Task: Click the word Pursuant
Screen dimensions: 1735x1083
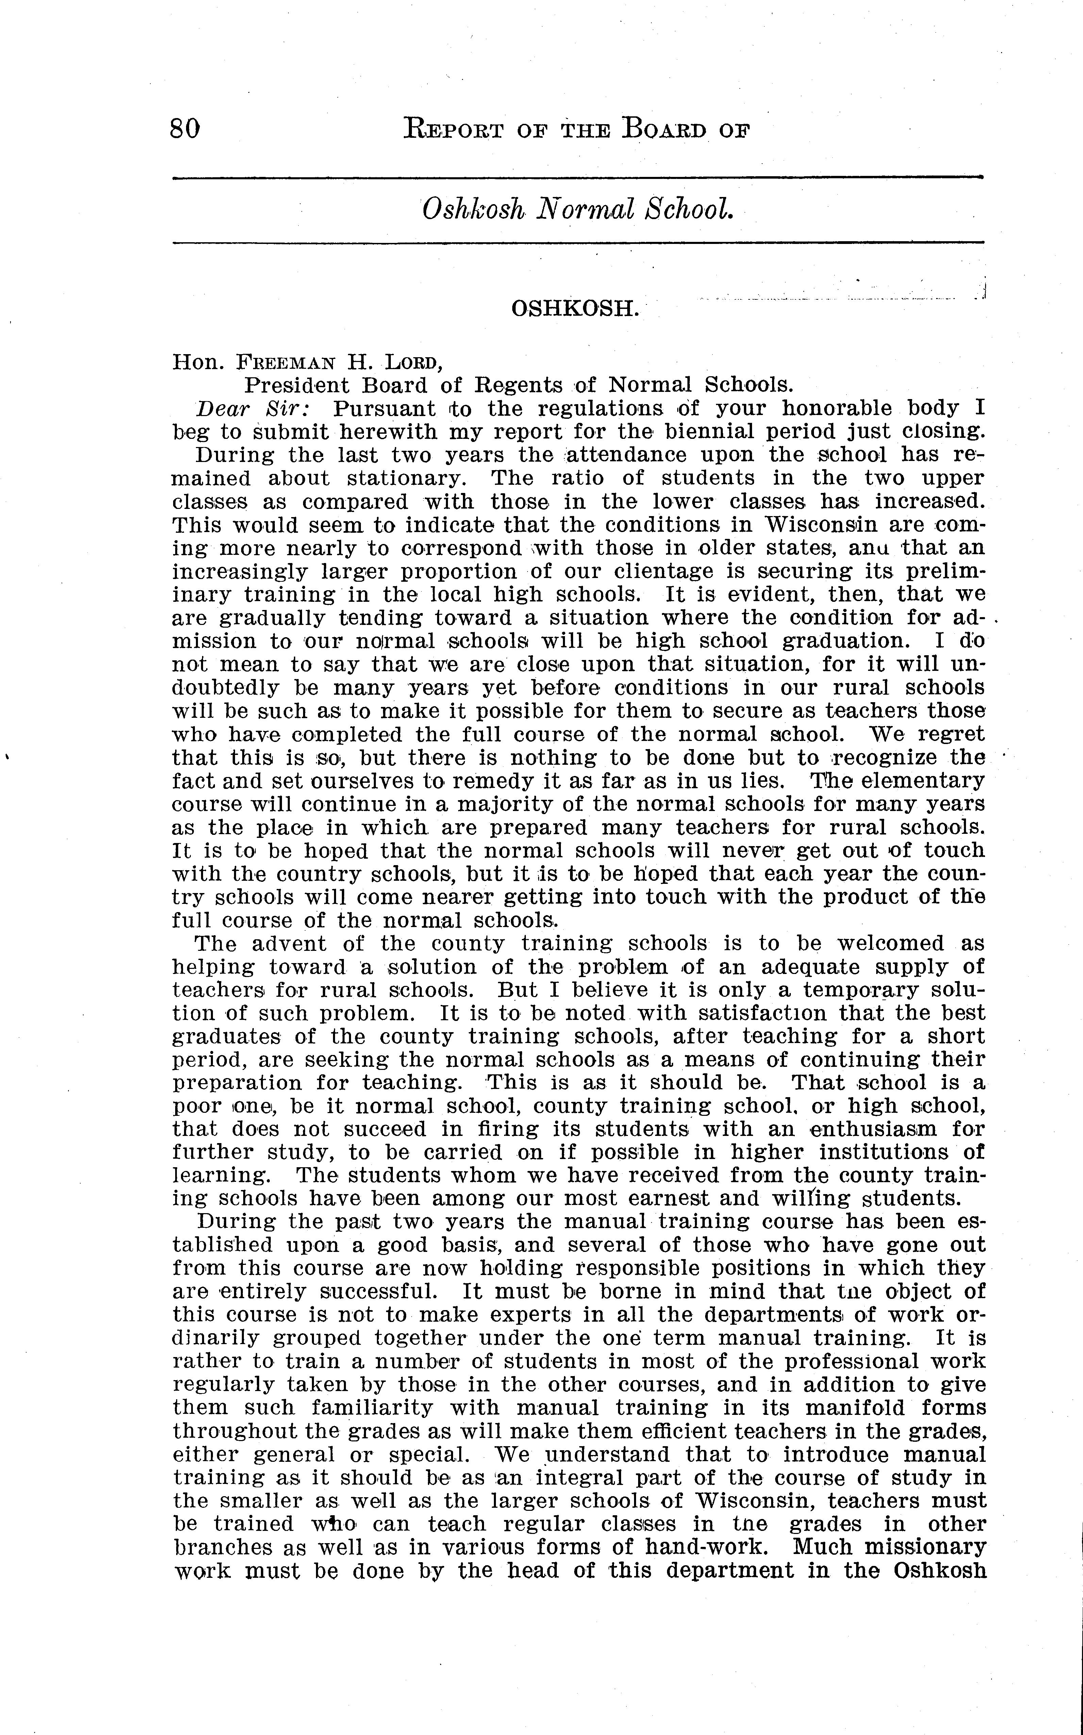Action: tap(385, 409)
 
